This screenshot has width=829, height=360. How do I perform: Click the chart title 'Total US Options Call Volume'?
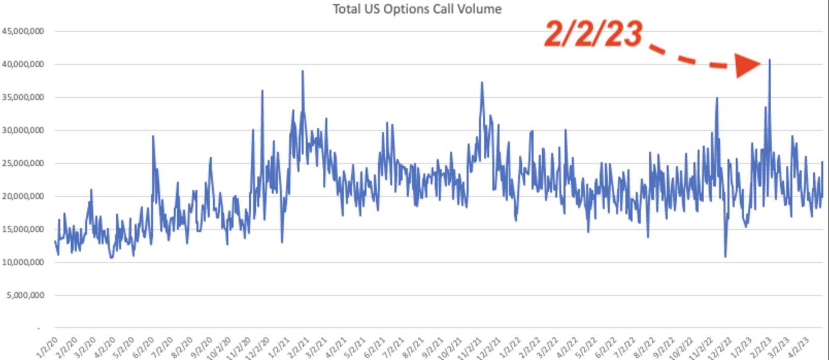417,9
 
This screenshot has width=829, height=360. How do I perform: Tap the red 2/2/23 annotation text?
593,34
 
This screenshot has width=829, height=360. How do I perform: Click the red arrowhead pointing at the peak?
747,65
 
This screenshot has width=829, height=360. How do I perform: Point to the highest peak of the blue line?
770,60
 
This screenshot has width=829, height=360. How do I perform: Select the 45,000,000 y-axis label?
23,31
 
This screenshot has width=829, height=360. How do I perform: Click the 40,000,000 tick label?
23,64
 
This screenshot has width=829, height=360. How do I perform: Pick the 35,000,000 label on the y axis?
23,97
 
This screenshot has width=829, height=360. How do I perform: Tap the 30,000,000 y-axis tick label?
23,130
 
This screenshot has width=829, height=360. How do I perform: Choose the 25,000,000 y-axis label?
23,163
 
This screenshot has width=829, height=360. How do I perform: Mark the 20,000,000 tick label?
23,197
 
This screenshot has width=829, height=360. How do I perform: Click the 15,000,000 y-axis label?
23,230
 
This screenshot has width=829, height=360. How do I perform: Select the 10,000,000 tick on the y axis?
23,263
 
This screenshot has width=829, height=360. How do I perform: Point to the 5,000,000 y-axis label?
25,296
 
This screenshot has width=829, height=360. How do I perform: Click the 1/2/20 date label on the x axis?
47,348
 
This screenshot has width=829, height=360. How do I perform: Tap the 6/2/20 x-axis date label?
143,348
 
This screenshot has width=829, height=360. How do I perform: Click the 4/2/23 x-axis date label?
798,347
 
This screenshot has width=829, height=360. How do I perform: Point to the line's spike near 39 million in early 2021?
303,72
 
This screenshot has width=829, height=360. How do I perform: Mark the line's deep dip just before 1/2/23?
725,256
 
